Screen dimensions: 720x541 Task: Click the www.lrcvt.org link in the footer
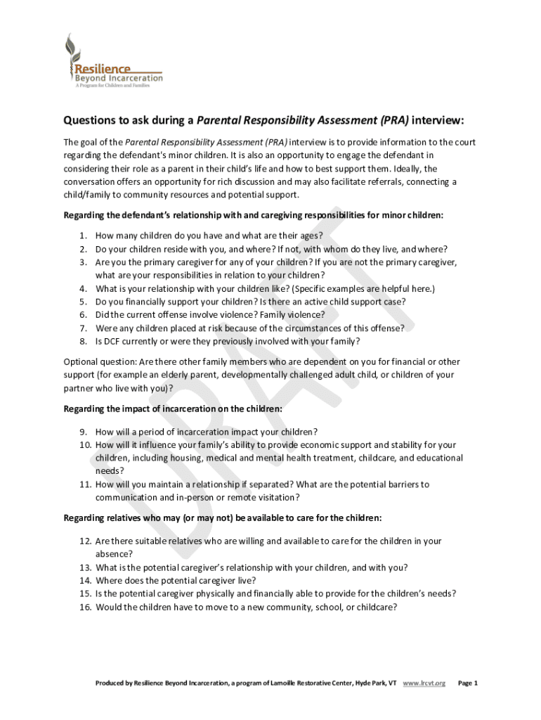click(x=424, y=683)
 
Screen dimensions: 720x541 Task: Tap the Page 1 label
click(x=467, y=683)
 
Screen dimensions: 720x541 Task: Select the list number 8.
click(x=83, y=342)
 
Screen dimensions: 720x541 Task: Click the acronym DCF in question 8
click(x=110, y=342)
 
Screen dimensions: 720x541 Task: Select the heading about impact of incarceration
click(x=173, y=409)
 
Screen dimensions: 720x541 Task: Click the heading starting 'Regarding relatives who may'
click(x=223, y=518)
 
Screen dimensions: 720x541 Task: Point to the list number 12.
click(x=85, y=541)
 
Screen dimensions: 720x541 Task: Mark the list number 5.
click(x=83, y=302)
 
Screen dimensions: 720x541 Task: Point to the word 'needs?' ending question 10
click(x=110, y=470)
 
